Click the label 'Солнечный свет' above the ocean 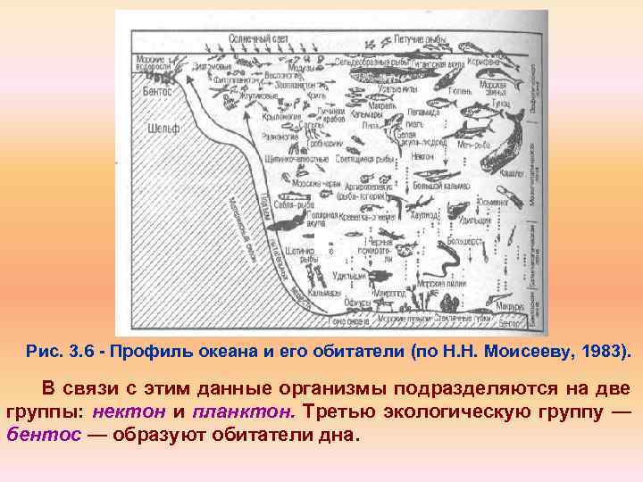pyautogui.click(x=260, y=39)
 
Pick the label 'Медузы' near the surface pyautogui.click(x=302, y=69)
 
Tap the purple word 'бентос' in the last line pyautogui.click(x=38, y=436)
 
